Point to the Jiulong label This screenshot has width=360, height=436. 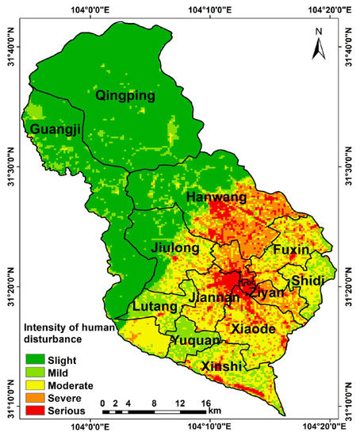pyautogui.click(x=174, y=249)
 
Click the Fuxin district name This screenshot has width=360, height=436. pyautogui.click(x=291, y=250)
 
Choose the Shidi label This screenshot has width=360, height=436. pyautogui.click(x=308, y=281)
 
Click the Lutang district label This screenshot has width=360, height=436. pyautogui.click(x=155, y=307)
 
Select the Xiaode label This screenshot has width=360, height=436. pyautogui.click(x=253, y=329)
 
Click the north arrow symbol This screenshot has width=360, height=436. pyautogui.click(x=318, y=47)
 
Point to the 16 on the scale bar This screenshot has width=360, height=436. pyautogui.click(x=205, y=403)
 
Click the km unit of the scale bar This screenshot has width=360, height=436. pyautogui.click(x=215, y=412)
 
